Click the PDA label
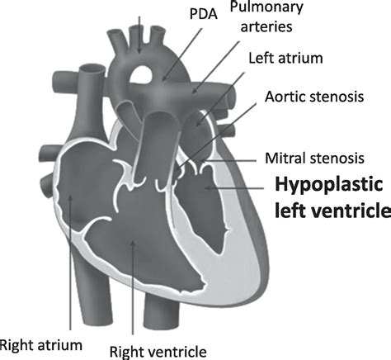tap(204, 14)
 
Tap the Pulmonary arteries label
tap(266, 17)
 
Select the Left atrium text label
tap(285, 58)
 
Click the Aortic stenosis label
tap(314, 97)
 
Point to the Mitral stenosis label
tap(314, 159)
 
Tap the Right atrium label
tap(41, 345)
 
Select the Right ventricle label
tap(158, 352)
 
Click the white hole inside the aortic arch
tap(140, 74)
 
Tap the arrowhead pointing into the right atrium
tap(70, 198)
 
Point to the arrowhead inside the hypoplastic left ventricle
tap(208, 188)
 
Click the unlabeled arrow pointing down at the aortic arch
tap(139, 35)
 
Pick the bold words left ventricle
tap(332, 211)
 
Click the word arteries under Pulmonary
tap(266, 26)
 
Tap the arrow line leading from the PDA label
tap(182, 54)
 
